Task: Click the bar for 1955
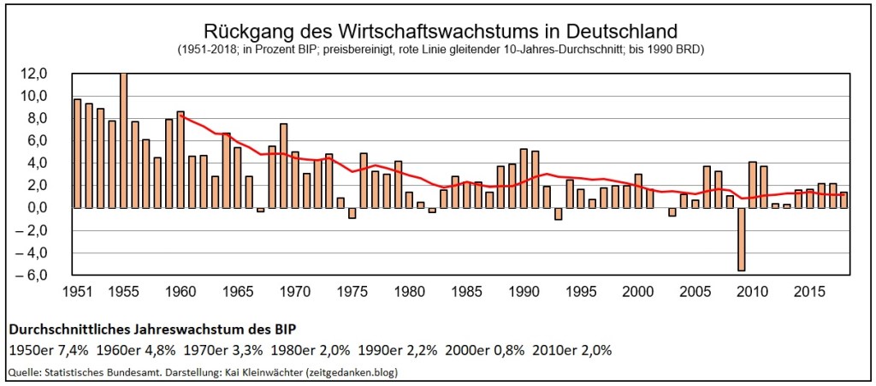(123, 140)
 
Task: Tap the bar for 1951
(77, 153)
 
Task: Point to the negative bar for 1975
(352, 213)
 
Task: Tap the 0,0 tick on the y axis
(43, 208)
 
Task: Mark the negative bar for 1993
(559, 213)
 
